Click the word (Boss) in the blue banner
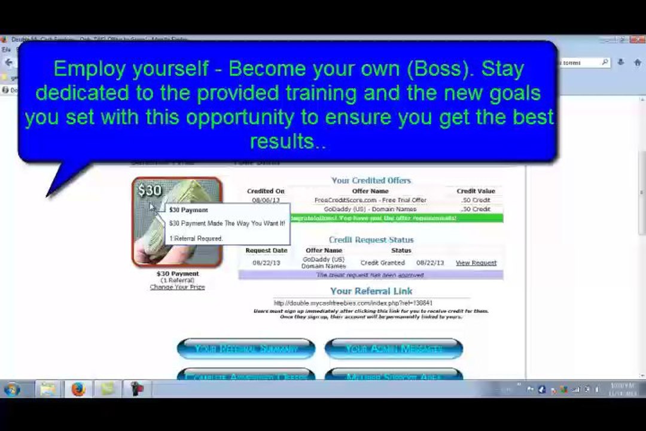[438, 69]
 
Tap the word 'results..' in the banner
[288, 142]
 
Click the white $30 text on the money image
[150, 190]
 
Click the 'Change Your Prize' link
[177, 287]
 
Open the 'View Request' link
[476, 263]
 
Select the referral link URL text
[353, 303]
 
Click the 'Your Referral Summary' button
[246, 349]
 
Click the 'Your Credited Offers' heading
[371, 180]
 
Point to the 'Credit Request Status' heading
[371, 239]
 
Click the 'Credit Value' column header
[476, 191]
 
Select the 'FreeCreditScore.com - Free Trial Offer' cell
[370, 200]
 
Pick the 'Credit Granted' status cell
[382, 263]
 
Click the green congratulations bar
[395, 218]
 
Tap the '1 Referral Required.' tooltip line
[196, 238]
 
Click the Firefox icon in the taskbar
[78, 390]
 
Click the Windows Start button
[12, 390]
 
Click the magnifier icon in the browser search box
[605, 62]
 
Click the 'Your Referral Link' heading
[371, 292]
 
